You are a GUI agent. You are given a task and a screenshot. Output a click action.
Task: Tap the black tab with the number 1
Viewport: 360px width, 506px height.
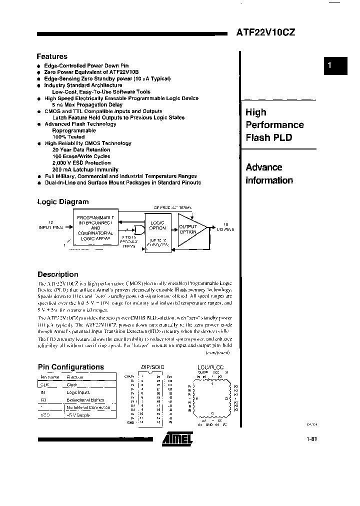(x=335, y=65)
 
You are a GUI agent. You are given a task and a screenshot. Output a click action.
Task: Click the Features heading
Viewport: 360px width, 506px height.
(x=52, y=57)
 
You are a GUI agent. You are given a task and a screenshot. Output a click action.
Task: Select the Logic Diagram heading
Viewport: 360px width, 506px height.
(x=63, y=202)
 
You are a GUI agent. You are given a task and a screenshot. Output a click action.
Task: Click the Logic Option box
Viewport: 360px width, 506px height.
(x=157, y=225)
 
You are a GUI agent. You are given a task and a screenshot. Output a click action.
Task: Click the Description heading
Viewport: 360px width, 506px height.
(x=58, y=274)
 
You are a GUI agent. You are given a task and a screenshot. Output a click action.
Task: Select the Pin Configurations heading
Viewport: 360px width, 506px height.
(x=71, y=367)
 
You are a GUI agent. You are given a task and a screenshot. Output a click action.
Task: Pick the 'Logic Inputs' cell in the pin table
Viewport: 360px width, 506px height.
(x=78, y=392)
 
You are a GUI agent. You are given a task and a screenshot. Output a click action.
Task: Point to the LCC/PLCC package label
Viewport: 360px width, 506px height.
(x=211, y=367)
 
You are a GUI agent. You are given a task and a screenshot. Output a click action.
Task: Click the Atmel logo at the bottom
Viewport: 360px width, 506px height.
(x=177, y=438)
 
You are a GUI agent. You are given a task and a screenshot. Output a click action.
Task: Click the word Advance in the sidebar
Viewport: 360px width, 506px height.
(x=264, y=167)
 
